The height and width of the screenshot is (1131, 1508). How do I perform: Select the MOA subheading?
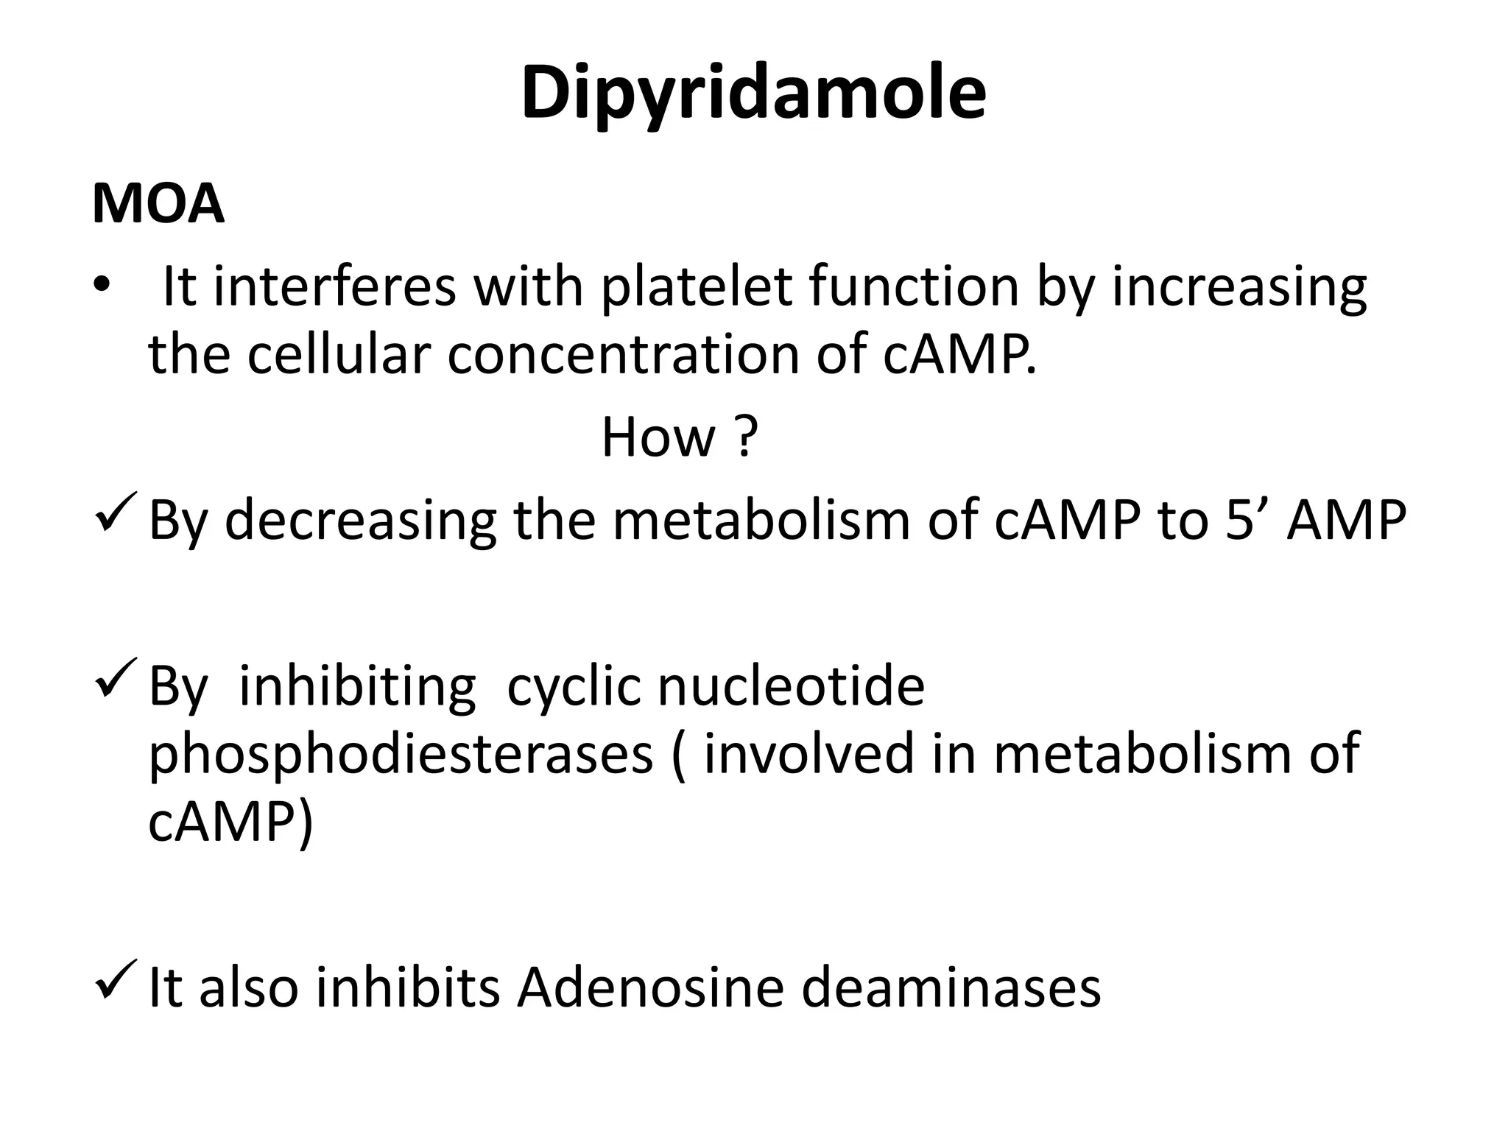(158, 204)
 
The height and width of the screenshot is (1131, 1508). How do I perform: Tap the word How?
(658, 437)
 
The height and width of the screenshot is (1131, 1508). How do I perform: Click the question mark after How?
(745, 437)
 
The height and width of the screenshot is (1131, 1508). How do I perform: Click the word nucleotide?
(790, 686)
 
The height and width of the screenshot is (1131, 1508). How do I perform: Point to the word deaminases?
(951, 987)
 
